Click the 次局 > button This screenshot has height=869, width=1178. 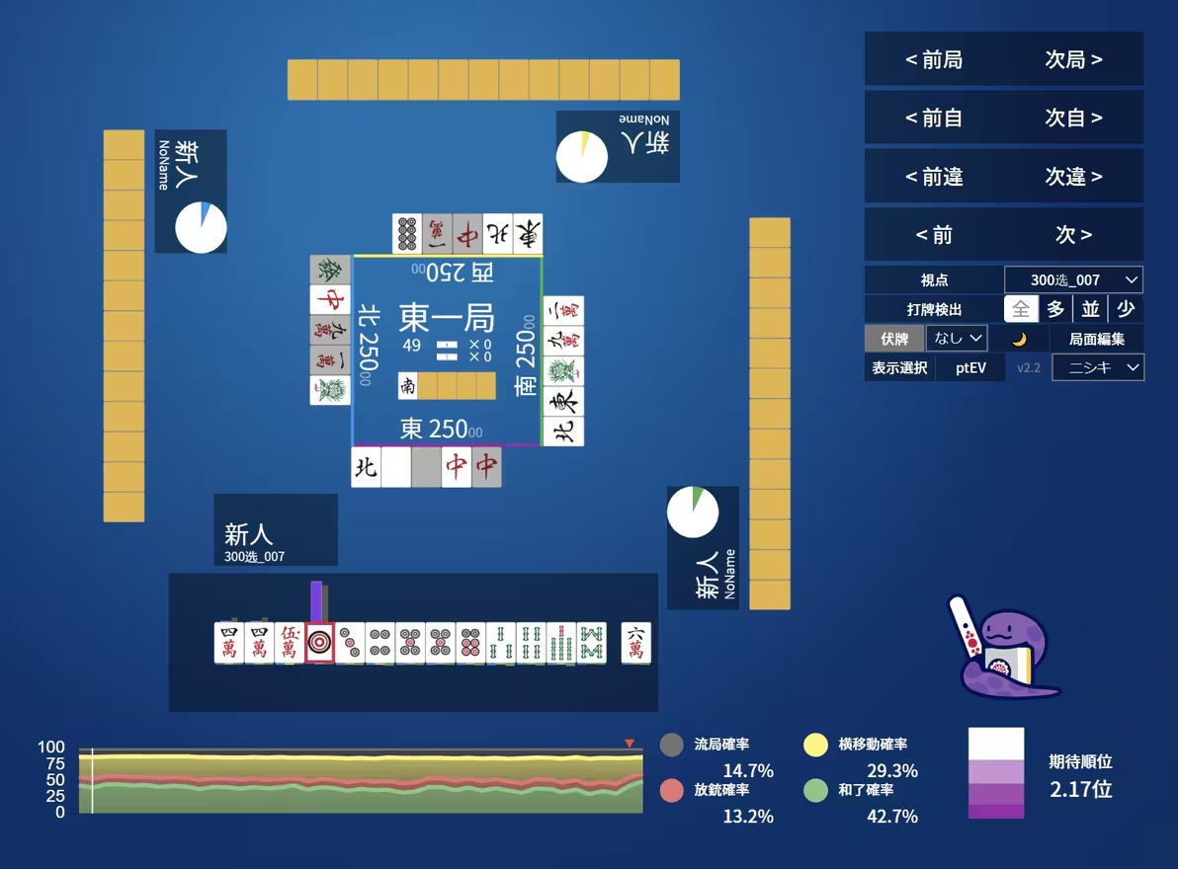(x=1073, y=60)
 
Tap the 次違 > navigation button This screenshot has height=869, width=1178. (x=1073, y=177)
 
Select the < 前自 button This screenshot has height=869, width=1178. (x=934, y=118)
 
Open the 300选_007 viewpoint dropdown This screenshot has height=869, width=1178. (x=1073, y=280)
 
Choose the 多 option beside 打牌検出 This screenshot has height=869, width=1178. (x=1055, y=309)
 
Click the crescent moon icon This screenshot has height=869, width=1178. (x=1019, y=339)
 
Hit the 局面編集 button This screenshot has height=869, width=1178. (x=1097, y=339)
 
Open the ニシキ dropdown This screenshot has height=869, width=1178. (x=1098, y=368)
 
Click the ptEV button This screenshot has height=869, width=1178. (x=970, y=368)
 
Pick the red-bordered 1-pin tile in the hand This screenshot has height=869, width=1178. (x=320, y=643)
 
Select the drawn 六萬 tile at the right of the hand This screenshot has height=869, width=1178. (x=635, y=643)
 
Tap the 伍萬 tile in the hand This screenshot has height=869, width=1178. (x=290, y=643)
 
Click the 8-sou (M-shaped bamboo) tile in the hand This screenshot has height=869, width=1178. (x=591, y=643)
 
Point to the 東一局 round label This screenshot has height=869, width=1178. (x=447, y=318)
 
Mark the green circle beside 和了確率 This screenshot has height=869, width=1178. (x=815, y=791)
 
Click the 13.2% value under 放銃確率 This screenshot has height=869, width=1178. (x=748, y=817)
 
